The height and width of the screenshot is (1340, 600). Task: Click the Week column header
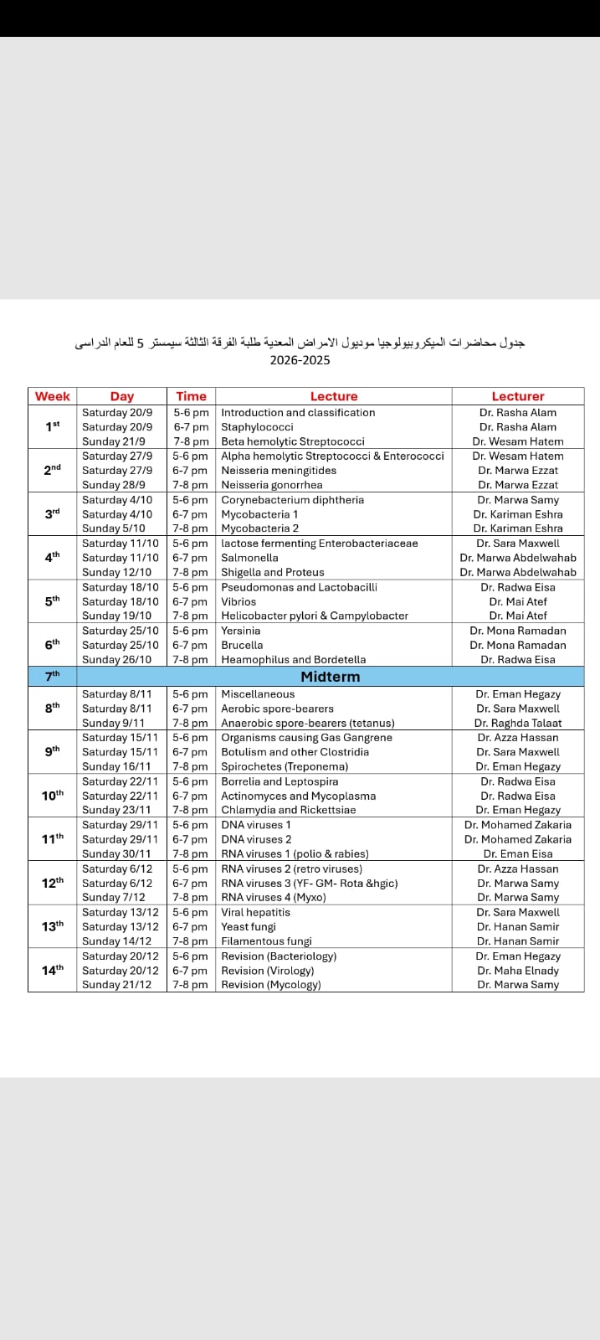click(x=52, y=396)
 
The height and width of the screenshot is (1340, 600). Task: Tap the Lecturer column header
click(x=517, y=396)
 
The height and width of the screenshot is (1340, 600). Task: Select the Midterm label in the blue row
click(x=330, y=676)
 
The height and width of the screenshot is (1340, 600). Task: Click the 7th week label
click(x=52, y=675)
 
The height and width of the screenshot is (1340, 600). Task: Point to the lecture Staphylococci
click(x=257, y=427)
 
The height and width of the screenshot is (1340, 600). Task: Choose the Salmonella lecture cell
click(x=249, y=558)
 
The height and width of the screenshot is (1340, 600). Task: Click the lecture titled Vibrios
click(x=238, y=601)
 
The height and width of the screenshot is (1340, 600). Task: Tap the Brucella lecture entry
click(x=242, y=645)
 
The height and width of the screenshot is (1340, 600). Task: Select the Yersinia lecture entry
click(x=240, y=631)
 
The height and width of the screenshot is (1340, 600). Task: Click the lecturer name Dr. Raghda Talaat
click(x=517, y=723)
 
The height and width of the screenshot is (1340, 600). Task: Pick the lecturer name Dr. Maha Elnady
click(x=517, y=971)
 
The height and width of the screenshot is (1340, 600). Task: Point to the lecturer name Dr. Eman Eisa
click(x=517, y=853)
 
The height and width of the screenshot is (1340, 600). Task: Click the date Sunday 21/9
click(x=114, y=441)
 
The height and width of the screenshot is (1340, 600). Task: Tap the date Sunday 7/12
click(x=114, y=897)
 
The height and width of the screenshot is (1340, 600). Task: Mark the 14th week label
click(x=52, y=970)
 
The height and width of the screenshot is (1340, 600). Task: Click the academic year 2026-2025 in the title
click(x=300, y=360)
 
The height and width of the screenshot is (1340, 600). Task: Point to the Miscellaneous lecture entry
click(x=258, y=694)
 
